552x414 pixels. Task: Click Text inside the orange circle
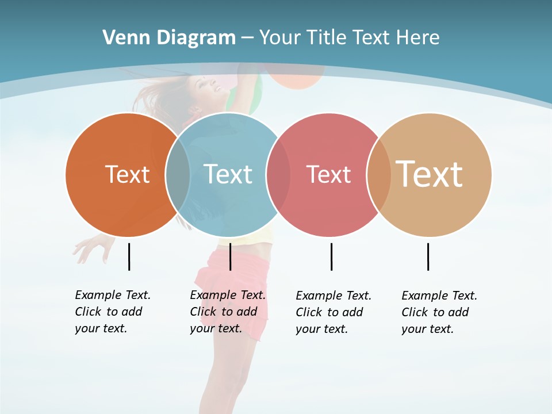coord(127,174)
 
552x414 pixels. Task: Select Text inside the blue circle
coord(228,174)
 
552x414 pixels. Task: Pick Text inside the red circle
coord(328,174)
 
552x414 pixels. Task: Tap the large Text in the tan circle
coord(430,174)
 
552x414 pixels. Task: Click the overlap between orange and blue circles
coord(178,174)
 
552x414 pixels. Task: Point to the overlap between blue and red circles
coord(278,174)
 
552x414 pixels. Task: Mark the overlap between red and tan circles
coord(379,174)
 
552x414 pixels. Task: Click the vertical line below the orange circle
coord(129,256)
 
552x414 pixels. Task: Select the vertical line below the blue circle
coord(230,256)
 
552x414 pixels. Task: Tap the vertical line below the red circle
coord(331,256)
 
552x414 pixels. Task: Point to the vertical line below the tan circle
coord(428,256)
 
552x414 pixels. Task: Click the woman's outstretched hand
coord(91,247)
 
